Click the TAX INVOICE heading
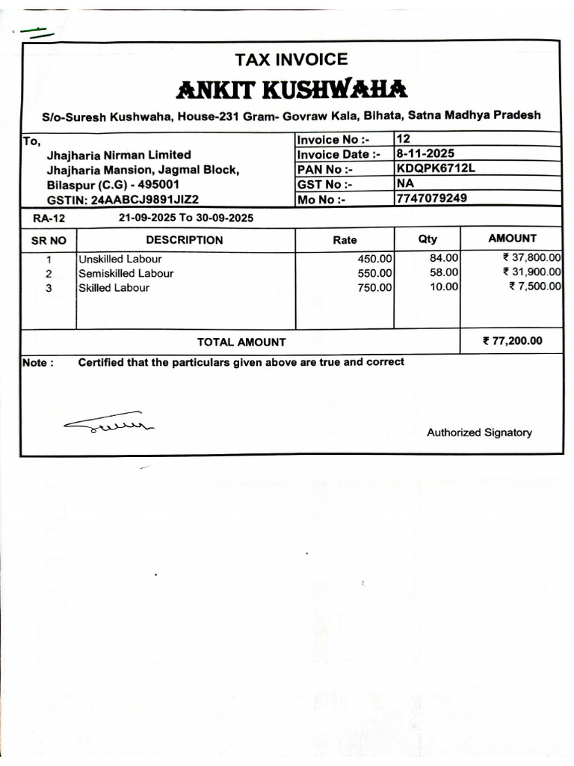pos(291,59)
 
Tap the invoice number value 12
pos(404,139)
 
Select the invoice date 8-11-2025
pos(425,153)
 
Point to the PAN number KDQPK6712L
pos(436,168)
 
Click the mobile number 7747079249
pos(432,198)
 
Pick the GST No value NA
pos(406,183)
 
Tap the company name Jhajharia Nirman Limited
pos(119,155)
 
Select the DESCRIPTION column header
pos(184,240)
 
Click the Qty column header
pos(428,239)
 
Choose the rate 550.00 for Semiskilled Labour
pos(374,274)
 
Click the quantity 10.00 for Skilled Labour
pos(444,287)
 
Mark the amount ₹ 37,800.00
pos(531,258)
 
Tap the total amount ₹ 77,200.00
pos(513,341)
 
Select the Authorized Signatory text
pos(479,432)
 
